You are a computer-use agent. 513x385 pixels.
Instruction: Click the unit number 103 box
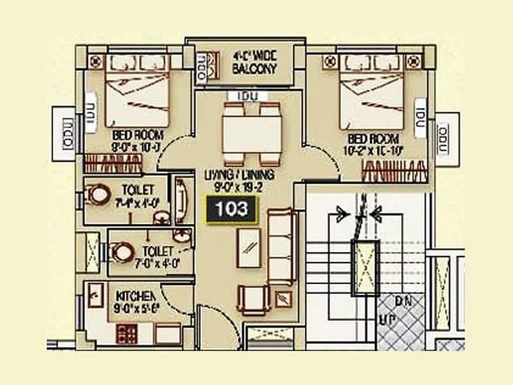click(230, 209)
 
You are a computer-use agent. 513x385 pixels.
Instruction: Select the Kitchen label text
click(135, 301)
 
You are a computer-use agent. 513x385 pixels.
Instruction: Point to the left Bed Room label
click(138, 141)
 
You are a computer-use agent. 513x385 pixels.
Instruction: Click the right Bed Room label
click(373, 144)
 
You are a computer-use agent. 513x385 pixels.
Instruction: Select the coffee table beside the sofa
click(249, 247)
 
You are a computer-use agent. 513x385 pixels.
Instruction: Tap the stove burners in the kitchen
click(124, 333)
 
